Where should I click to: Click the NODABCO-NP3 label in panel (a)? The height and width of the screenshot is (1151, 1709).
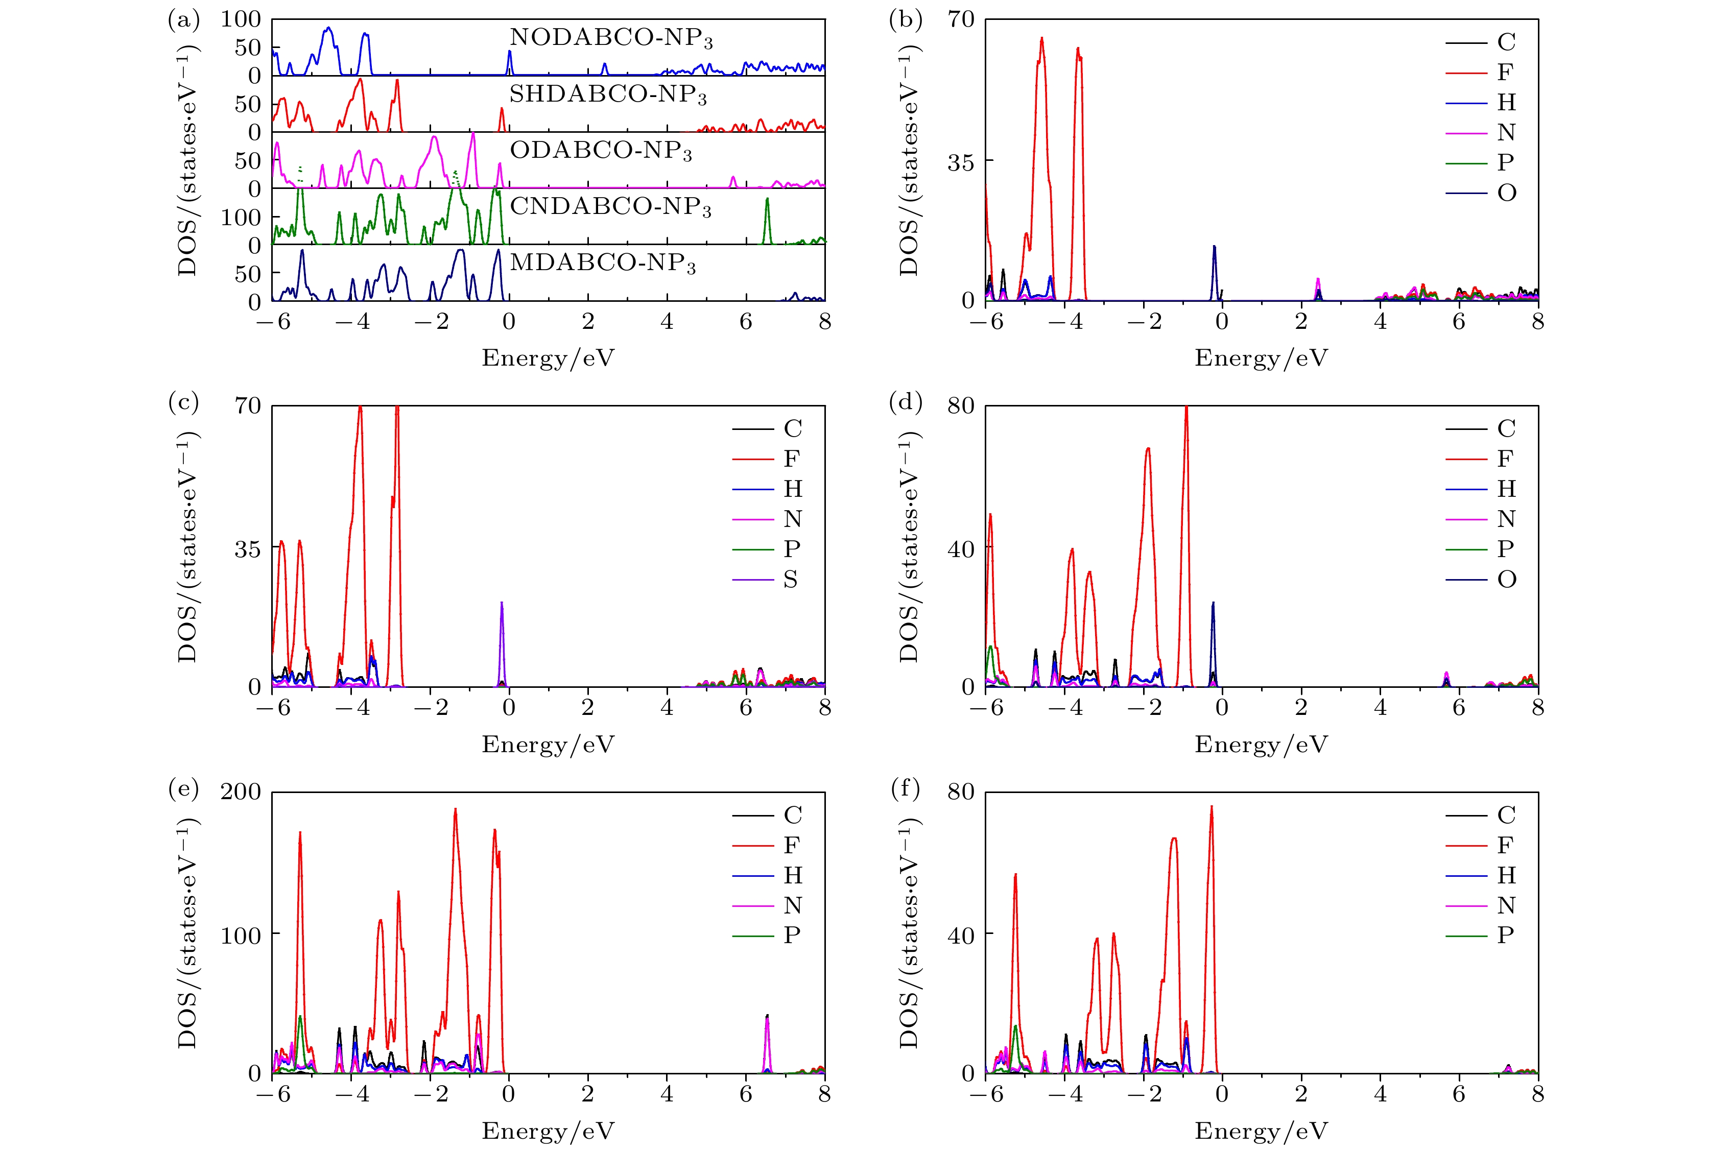pos(611,38)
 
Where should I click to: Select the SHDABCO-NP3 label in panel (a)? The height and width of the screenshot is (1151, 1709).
pos(608,95)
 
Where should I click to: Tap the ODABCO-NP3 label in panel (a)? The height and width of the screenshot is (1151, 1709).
pos(601,151)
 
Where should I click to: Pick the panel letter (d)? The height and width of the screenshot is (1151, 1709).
pos(905,402)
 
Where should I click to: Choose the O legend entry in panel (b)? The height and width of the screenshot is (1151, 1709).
pos(1506,193)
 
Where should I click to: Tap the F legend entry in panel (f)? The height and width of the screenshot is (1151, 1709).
pos(1505,846)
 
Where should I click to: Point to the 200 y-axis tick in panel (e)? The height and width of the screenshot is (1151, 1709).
pos(241,792)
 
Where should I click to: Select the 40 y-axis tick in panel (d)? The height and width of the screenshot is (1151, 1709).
pos(960,549)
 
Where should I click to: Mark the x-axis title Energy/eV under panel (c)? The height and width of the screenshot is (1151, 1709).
pos(548,745)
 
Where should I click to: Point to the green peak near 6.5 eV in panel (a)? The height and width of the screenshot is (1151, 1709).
pos(767,213)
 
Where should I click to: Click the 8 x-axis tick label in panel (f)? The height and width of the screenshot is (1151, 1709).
pos(1538,1094)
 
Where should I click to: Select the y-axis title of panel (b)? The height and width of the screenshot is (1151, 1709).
pos(909,160)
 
